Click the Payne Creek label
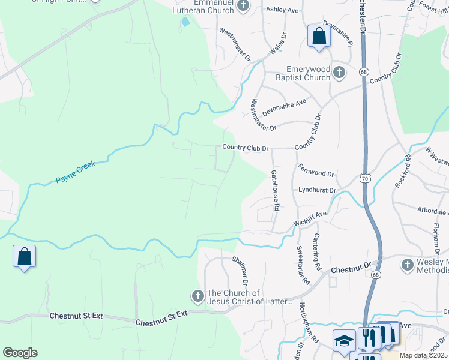coord(75,172)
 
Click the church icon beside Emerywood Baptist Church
coord(339,73)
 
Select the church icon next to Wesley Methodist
coord(408,265)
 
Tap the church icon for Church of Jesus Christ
coord(197,296)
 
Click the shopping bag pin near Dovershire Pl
coord(319,36)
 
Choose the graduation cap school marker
coord(345,341)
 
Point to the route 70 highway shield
coord(365,178)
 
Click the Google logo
coord(20,353)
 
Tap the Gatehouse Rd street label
coord(275,190)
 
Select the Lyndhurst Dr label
coord(317,190)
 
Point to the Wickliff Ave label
coord(310,218)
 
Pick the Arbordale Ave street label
coord(433,210)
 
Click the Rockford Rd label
coord(402,172)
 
